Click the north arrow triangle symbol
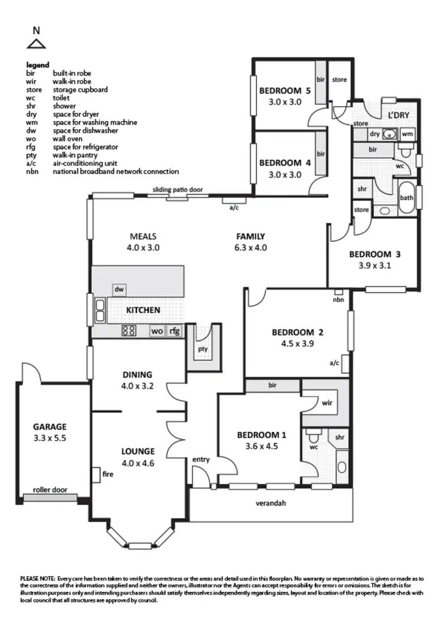coord(37,43)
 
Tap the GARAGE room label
coord(49,427)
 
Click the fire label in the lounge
coord(108,473)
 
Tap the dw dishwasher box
coord(119,290)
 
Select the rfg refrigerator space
coord(174,331)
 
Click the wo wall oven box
coord(157,331)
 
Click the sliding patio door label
coord(178,190)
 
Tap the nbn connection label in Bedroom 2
coord(338,300)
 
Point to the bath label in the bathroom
coord(406,198)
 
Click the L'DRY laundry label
coord(398,114)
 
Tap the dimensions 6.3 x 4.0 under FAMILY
coord(250,248)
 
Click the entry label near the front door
coord(201,459)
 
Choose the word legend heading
coord(38,65)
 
